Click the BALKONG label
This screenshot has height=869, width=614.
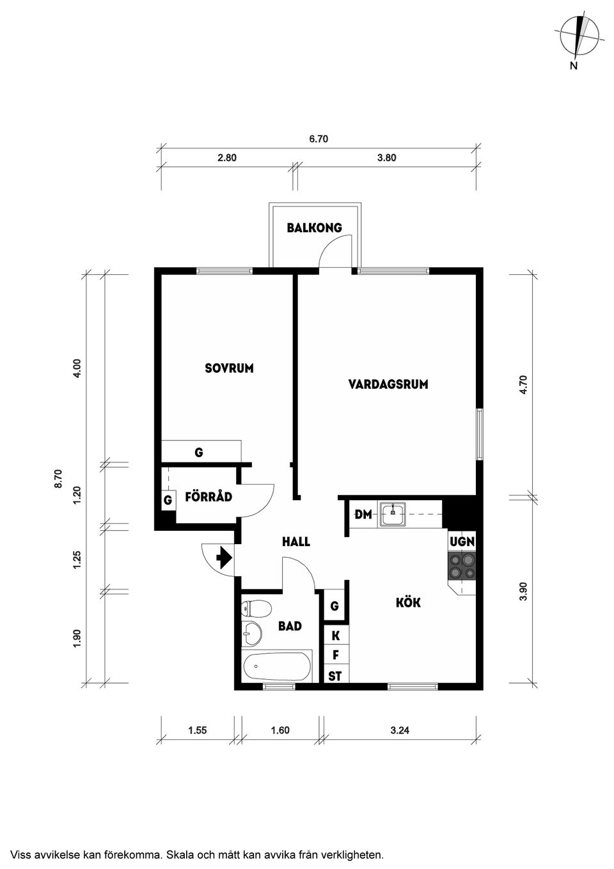click(x=315, y=228)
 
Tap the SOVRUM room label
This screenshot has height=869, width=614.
click(x=229, y=368)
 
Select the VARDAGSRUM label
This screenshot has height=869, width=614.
click(x=388, y=384)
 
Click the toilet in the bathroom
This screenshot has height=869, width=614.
click(x=256, y=609)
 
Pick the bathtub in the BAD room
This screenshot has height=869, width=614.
click(x=277, y=666)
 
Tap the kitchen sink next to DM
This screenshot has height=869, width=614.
click(x=393, y=514)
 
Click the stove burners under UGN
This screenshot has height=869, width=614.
click(x=462, y=566)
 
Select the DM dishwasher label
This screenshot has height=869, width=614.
click(x=363, y=514)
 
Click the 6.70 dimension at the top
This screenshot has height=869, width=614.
click(x=319, y=139)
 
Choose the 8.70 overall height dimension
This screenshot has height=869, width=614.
click(x=58, y=479)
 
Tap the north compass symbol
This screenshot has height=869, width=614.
click(x=579, y=40)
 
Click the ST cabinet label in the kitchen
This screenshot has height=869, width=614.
click(x=335, y=676)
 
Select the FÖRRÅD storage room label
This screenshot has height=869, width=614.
click(x=209, y=497)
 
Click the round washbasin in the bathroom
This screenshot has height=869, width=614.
click(x=251, y=634)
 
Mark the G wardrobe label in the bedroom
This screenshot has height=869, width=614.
click(x=199, y=452)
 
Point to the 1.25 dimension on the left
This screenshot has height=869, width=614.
click(x=77, y=560)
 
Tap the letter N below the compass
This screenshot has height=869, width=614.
click(x=573, y=66)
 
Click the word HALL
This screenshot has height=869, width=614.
click(x=296, y=542)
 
